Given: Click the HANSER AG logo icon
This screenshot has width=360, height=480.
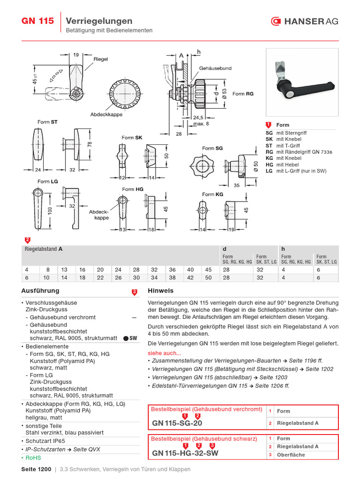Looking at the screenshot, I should coord(276,21).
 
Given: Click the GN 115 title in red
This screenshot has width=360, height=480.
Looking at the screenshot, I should coord(38,21).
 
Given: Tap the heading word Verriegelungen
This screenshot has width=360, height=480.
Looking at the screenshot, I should coord(99,21).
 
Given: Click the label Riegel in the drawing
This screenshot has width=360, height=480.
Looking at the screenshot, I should coord(101,59).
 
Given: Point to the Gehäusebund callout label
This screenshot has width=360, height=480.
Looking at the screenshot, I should coord(215,68).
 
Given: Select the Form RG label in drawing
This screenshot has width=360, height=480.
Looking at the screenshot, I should coord(243,94).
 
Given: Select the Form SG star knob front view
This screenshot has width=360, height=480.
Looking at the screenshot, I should coord(200,166).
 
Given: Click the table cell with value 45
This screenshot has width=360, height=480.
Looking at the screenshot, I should coord(208,270).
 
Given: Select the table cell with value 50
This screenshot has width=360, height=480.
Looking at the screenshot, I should coord(208,277).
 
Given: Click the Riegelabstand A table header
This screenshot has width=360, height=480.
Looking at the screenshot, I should coord(44,249).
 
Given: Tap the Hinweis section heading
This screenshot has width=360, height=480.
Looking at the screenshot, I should coord(161,291).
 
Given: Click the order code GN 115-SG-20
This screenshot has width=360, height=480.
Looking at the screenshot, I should coord(177,423).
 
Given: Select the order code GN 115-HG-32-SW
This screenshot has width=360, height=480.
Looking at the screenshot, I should coord(185,453).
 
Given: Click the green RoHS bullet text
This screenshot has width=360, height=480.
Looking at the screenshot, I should coord(33,457).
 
